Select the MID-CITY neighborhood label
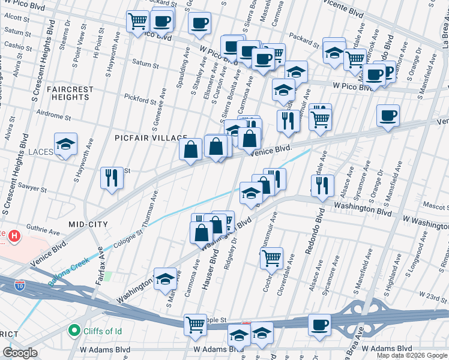(x=88, y=224)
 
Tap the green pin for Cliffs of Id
(x=74, y=330)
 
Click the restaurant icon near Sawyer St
(x=112, y=178)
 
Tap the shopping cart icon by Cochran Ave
(x=272, y=259)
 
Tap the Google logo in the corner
(x=20, y=353)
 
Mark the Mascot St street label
(x=434, y=205)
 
